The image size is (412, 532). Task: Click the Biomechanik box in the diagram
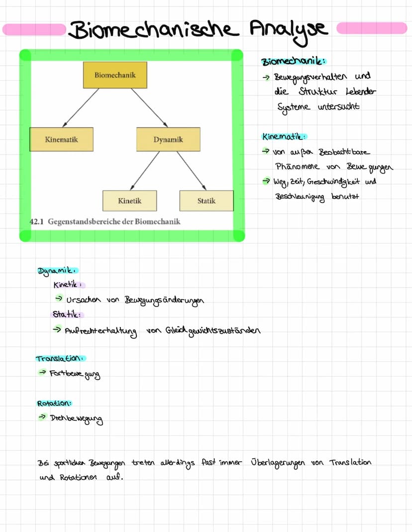tap(115, 75)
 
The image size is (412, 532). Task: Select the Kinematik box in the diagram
tap(61, 140)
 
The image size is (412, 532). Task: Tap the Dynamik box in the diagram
tap(168, 140)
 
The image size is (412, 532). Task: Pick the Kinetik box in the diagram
tap(129, 201)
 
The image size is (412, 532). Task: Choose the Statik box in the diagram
tap(206, 201)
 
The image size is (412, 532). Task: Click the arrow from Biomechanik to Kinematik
tap(81, 107)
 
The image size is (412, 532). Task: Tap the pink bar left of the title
tap(34, 29)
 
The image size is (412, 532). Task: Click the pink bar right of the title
tap(371, 28)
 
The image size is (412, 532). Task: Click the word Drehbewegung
tap(77, 420)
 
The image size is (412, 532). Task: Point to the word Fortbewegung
tap(75, 374)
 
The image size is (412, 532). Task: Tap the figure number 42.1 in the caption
tap(37, 221)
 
